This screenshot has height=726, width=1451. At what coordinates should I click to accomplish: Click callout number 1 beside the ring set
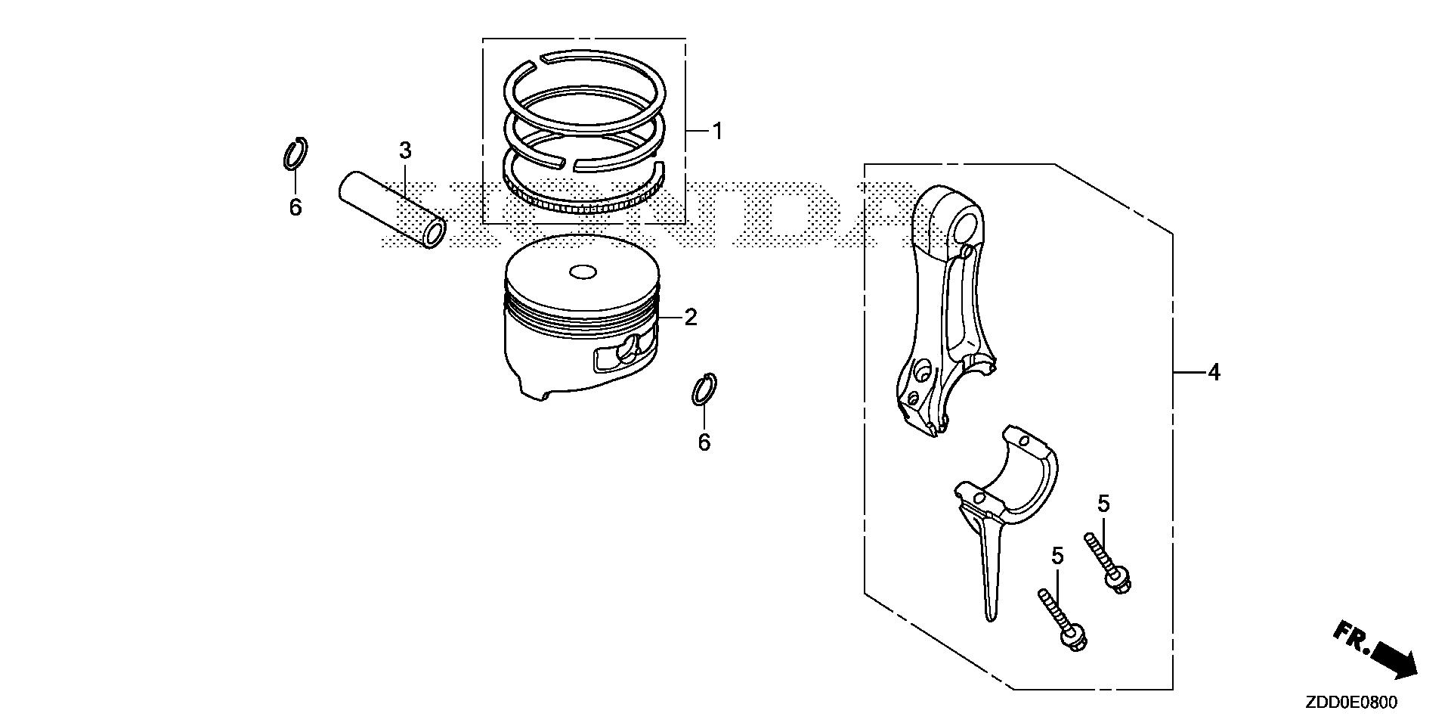pyautogui.click(x=717, y=132)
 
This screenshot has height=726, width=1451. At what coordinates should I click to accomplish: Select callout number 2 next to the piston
pyautogui.click(x=690, y=318)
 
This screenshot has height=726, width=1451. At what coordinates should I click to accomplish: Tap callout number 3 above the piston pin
pyautogui.click(x=405, y=150)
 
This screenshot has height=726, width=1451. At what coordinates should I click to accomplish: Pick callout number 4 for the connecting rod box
pyautogui.click(x=1213, y=372)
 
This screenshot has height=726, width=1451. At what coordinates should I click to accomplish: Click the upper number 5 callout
pyautogui.click(x=1103, y=504)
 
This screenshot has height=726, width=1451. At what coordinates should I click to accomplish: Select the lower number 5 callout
pyautogui.click(x=1057, y=557)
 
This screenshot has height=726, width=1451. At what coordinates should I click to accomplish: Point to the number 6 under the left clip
pyautogui.click(x=295, y=206)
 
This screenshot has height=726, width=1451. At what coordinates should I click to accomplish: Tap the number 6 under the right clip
pyautogui.click(x=704, y=442)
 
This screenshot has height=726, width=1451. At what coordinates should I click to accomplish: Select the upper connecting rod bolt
pyautogui.click(x=1107, y=563)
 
